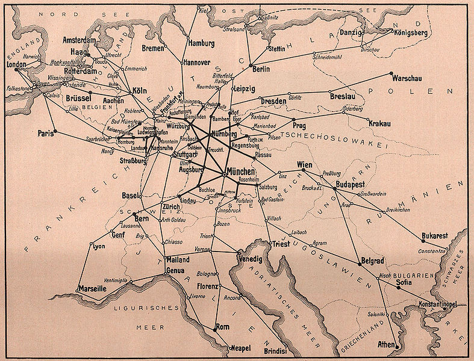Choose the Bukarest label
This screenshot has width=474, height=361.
(x=435, y=235)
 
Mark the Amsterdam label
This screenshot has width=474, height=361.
(x=80, y=40)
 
